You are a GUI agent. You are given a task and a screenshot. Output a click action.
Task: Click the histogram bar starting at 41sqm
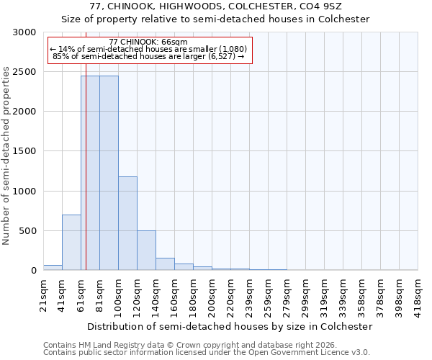71,243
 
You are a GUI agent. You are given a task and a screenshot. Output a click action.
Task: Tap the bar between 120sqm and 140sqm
146,251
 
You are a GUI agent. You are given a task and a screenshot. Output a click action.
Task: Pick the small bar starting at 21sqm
53,268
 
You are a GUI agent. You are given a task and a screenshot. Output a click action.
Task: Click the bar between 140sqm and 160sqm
165,264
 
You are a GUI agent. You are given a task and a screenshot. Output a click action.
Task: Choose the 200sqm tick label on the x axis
212,294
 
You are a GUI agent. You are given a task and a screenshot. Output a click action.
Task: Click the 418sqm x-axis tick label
418,294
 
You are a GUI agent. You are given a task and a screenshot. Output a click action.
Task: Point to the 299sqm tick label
306,294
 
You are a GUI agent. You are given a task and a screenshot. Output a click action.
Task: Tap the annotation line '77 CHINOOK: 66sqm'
149,42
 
